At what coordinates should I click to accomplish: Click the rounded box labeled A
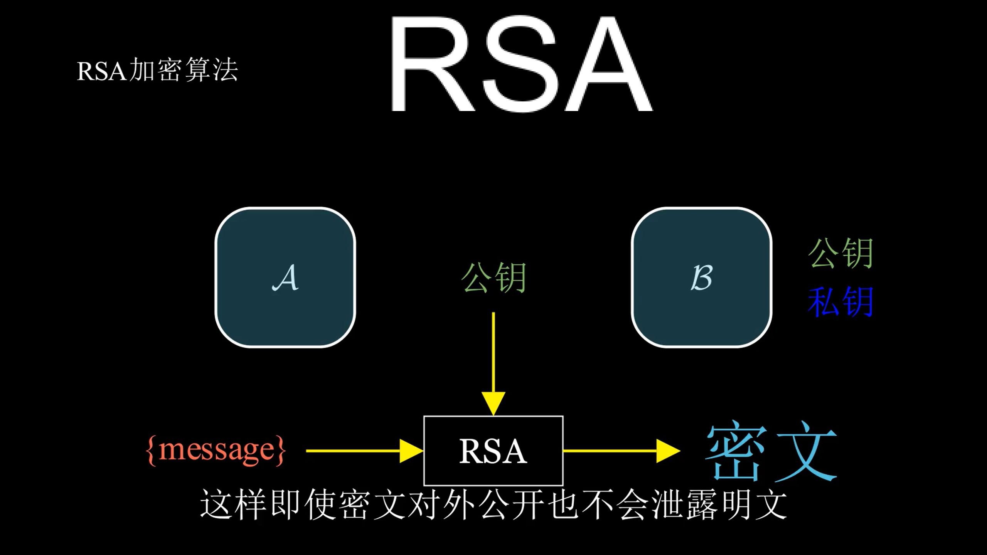click(285, 277)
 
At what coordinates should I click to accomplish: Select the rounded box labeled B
click(702, 277)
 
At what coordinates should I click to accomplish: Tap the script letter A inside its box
click(285, 277)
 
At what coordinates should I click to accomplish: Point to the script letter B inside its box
click(701, 277)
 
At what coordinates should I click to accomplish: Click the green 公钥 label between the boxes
click(494, 277)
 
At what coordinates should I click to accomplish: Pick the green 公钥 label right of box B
click(841, 253)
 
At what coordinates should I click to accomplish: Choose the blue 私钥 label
click(841, 302)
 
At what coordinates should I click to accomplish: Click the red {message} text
click(216, 450)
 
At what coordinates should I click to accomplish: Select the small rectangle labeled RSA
click(493, 451)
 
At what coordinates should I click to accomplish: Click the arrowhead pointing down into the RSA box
click(493, 404)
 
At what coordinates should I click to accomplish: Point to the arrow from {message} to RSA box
click(365, 451)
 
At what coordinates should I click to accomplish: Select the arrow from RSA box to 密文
click(622, 451)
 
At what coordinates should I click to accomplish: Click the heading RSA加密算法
click(157, 70)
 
